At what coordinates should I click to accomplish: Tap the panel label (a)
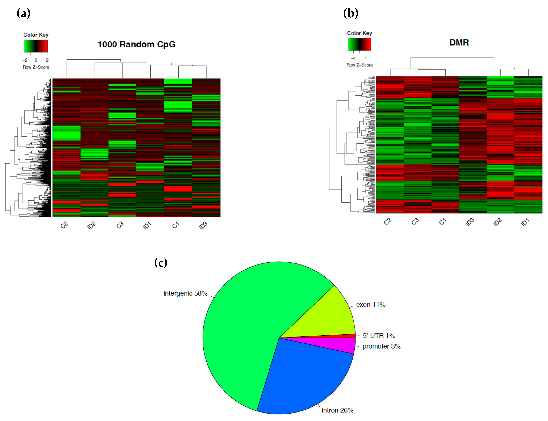[x=24, y=13]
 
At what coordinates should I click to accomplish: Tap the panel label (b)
[x=351, y=13]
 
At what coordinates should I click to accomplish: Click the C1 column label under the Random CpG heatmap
[x=175, y=225]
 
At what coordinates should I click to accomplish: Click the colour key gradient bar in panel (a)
[x=36, y=46]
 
